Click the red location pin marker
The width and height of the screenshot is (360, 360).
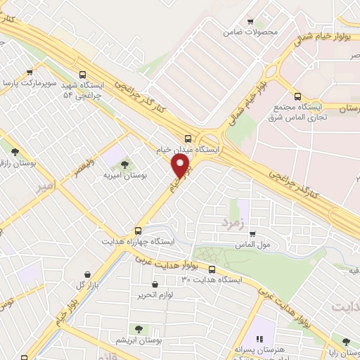pyautogui.click(x=181, y=166)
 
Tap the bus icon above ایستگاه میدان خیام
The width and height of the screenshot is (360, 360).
pyautogui.click(x=187, y=139)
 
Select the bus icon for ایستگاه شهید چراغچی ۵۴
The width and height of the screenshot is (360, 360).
pyautogui.click(x=83, y=74)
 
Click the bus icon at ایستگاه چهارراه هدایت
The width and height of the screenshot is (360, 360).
pyautogui.click(x=138, y=231)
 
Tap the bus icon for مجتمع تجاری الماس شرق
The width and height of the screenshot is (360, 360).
pyautogui.click(x=298, y=96)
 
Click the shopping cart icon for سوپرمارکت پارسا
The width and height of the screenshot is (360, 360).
pyautogui.click(x=30, y=72)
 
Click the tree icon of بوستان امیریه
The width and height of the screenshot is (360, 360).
pyautogui.click(x=115, y=163)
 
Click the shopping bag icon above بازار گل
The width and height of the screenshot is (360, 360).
pyautogui.click(x=86, y=274)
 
